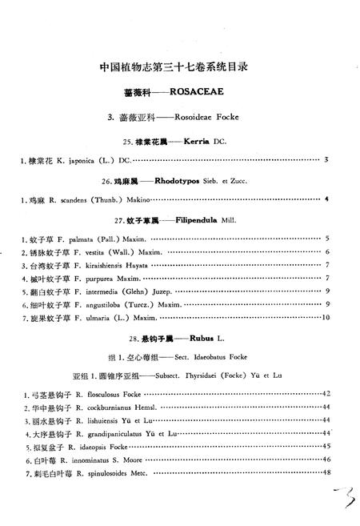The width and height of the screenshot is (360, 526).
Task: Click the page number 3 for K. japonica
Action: click(x=327, y=160)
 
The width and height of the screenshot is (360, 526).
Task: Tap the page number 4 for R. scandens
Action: click(x=327, y=199)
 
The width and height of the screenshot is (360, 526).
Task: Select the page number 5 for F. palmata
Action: click(x=327, y=238)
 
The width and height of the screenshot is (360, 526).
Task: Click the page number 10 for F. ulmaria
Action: click(x=326, y=317)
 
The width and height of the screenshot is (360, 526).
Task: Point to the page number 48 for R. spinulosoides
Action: click(x=326, y=472)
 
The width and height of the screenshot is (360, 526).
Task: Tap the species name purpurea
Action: click(x=102, y=278)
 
